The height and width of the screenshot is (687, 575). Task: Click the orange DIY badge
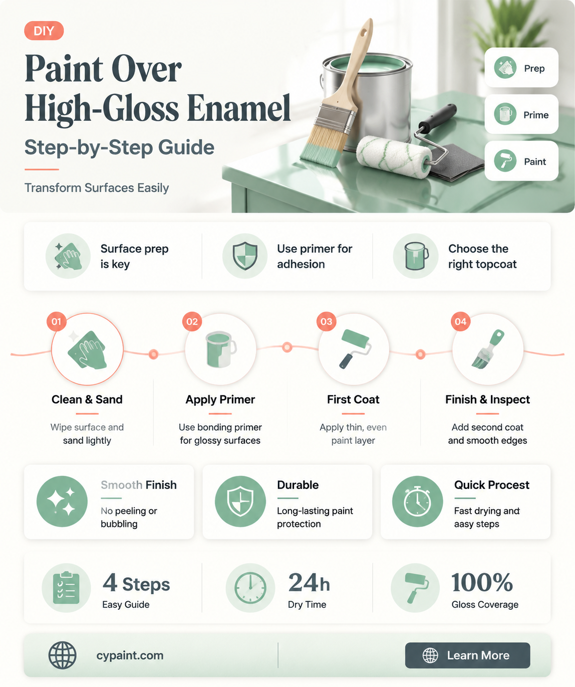(x=44, y=31)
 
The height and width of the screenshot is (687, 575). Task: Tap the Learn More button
(x=467, y=655)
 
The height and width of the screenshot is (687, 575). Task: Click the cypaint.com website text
(x=130, y=655)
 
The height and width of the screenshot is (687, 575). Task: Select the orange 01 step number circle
(x=57, y=321)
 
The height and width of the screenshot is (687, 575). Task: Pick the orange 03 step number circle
(x=326, y=321)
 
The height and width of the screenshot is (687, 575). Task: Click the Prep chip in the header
(x=521, y=68)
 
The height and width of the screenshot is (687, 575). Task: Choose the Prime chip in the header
(x=521, y=114)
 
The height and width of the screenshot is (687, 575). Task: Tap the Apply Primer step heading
(x=220, y=400)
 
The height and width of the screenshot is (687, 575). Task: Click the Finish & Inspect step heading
(x=487, y=400)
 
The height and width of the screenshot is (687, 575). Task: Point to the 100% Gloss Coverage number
(x=482, y=583)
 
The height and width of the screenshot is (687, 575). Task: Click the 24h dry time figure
(x=309, y=583)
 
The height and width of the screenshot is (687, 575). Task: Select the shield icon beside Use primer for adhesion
(x=245, y=256)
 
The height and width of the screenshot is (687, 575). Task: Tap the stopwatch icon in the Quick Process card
(x=417, y=501)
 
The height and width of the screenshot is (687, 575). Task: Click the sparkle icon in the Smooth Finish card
(x=62, y=501)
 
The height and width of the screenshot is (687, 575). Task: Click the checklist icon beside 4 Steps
(x=66, y=587)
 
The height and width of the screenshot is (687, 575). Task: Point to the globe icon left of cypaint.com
(x=62, y=655)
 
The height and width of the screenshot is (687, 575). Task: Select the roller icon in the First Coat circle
(x=355, y=349)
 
